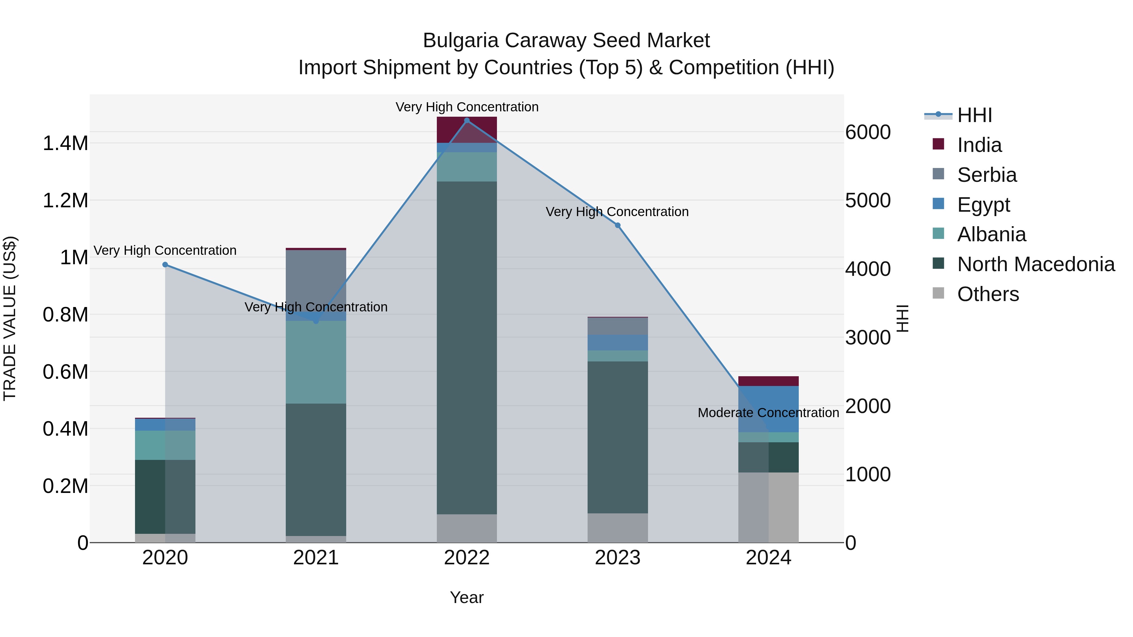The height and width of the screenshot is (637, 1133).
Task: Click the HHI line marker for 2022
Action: [467, 120]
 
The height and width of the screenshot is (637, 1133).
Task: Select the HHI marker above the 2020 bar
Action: [165, 265]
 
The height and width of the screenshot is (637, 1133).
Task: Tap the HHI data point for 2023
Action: [617, 226]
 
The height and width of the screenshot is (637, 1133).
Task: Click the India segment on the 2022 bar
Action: [467, 130]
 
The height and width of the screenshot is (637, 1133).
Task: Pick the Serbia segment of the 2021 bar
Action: [316, 281]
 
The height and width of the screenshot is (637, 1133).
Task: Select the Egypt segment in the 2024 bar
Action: [768, 409]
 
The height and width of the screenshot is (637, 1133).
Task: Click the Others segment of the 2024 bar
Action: [768, 507]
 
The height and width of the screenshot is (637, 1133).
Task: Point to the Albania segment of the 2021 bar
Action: [316, 362]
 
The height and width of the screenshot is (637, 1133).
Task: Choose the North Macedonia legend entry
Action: [1035, 264]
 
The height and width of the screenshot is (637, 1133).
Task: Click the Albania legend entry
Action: [991, 234]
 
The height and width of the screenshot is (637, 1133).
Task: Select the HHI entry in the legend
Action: [974, 115]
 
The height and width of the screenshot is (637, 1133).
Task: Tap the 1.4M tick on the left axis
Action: [65, 143]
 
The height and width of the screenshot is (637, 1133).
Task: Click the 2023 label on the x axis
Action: [617, 558]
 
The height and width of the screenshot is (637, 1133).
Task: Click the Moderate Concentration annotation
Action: [768, 413]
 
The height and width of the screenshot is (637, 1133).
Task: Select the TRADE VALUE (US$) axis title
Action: [10, 318]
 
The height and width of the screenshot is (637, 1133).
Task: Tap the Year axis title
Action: [467, 597]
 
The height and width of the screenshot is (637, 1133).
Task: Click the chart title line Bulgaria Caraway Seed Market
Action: [566, 41]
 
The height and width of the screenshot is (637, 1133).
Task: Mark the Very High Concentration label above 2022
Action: [467, 107]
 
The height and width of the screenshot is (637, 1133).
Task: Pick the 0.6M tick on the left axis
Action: [65, 372]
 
